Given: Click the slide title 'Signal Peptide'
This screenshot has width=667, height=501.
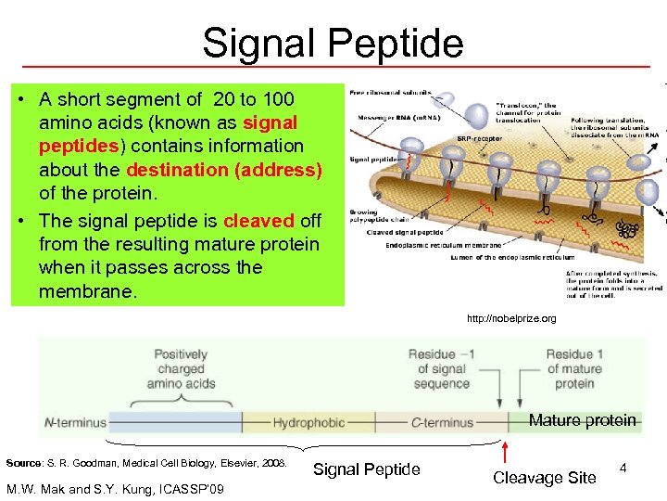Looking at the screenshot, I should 333,43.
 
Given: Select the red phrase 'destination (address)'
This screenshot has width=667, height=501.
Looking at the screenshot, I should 224,170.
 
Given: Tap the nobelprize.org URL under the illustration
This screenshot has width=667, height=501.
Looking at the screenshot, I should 511,319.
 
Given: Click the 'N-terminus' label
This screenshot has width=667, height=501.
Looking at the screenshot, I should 76,423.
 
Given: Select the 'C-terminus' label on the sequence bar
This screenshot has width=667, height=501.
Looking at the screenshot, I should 442,423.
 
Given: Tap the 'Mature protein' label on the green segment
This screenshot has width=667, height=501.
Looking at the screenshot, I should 582,420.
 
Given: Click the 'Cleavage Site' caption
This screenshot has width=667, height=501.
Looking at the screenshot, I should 544,478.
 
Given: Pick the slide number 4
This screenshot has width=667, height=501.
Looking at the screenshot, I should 623,470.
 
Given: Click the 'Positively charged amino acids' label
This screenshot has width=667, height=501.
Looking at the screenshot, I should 181,369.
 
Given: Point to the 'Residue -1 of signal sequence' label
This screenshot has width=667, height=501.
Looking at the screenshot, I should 442,369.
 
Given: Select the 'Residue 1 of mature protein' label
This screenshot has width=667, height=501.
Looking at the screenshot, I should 575,369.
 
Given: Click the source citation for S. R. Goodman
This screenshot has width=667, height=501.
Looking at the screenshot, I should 146,462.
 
